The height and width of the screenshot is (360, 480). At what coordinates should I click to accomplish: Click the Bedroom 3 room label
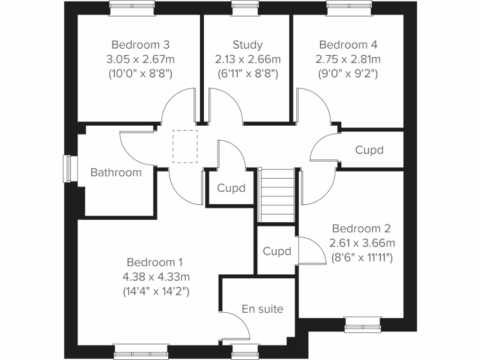point(140,45)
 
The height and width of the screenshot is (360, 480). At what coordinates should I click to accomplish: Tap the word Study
point(247,45)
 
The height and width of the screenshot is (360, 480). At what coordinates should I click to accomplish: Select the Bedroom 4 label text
point(348,45)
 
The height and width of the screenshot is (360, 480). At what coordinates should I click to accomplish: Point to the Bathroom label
point(116,172)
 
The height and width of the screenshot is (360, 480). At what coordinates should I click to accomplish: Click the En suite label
point(262,309)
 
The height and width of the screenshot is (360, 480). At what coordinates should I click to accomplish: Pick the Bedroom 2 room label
point(361,229)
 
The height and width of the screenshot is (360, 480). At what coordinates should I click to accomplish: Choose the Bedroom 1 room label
point(155,262)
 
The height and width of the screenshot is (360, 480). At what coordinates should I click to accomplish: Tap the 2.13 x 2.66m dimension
point(247,60)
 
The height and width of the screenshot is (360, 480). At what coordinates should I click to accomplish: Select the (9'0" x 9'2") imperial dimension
point(348,74)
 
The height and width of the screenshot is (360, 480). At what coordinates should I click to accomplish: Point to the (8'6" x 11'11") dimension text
point(361,257)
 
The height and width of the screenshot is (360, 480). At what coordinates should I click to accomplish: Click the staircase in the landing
point(277,195)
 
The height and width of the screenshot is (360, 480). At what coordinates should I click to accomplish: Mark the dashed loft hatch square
point(185,146)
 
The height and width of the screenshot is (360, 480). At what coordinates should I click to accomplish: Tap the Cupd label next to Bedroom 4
point(369,150)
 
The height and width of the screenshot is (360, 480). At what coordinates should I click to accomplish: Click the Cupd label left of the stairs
point(231,188)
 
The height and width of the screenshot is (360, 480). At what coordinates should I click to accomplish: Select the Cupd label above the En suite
point(277,251)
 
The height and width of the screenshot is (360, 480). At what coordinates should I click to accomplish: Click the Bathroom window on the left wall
point(69,168)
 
